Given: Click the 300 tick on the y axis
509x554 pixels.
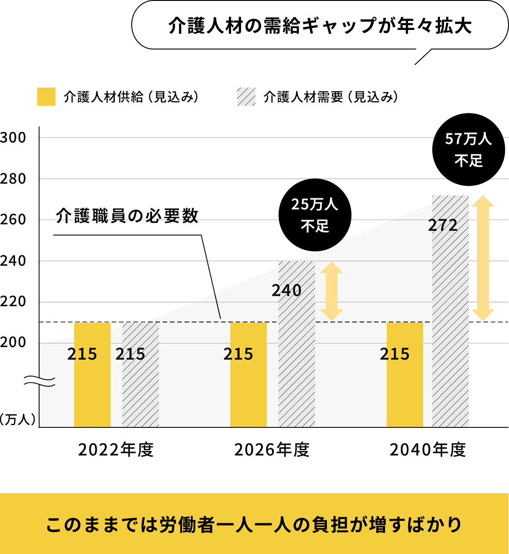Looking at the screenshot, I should [13, 138].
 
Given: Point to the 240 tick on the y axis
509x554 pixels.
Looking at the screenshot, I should [13, 261].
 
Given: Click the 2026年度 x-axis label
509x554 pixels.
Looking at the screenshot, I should [272, 450].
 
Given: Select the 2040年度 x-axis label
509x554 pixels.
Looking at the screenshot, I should [428, 450].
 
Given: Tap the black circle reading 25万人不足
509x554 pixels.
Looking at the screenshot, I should [315, 215].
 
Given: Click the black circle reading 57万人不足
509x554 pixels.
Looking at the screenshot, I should [469, 149].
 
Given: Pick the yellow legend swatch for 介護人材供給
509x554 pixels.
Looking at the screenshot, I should [46, 97].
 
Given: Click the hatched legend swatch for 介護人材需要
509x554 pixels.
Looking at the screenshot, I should [246, 97].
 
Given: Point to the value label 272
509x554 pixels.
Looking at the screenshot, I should [443, 225].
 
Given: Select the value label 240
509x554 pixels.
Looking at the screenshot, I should [287, 290].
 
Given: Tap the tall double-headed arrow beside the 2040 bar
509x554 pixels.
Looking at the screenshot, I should [483, 258].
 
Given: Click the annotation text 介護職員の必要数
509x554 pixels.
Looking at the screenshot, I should [127, 216].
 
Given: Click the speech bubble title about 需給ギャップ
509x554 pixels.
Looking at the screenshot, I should [320, 26].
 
